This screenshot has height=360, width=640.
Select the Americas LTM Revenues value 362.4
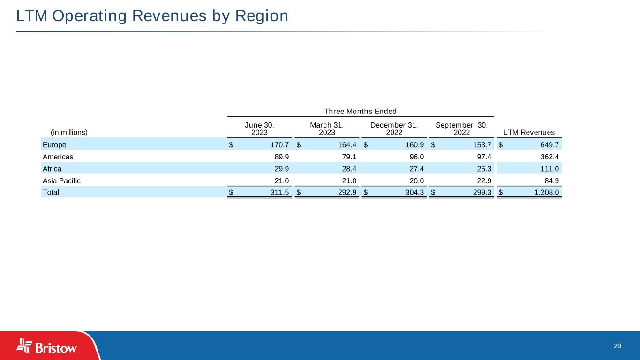tap(548, 156)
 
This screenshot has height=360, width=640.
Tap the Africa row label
tap(52, 168)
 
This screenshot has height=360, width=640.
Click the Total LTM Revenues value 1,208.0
tap(544, 192)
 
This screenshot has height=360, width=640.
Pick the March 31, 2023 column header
tap(327, 128)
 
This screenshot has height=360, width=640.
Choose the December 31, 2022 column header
tap(394, 128)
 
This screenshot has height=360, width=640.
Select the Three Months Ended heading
tap(361, 111)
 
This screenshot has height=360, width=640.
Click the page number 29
tap(617, 346)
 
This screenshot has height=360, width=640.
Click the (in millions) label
tap(69, 132)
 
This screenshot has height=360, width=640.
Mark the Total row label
tap(51, 192)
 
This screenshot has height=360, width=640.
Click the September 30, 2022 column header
tap(462, 128)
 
